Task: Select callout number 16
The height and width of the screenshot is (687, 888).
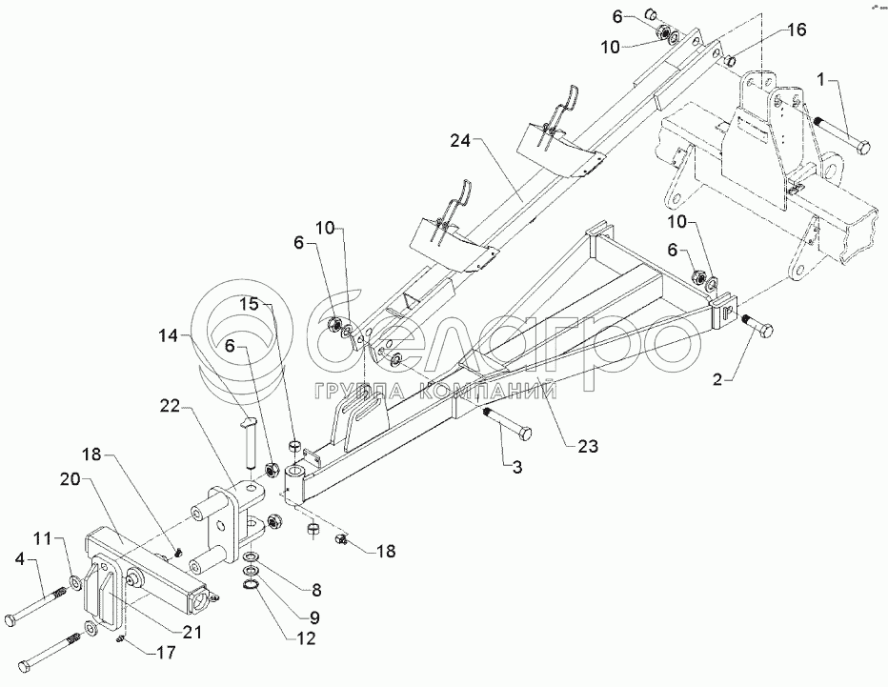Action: pos(797,30)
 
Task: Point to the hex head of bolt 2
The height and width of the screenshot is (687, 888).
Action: pos(765,330)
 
